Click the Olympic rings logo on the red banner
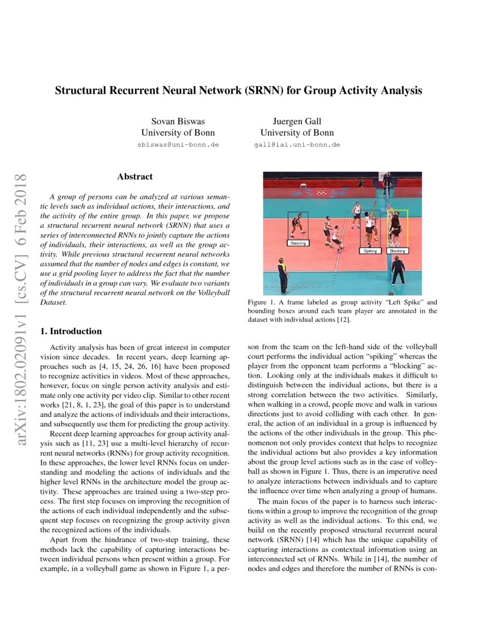click(321, 193)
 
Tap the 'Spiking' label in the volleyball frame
click(370, 251)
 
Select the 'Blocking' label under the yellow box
click(397, 251)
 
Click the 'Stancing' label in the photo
click(298, 243)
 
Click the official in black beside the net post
click(398, 271)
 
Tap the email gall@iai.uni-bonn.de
click(296, 145)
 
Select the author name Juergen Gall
click(296, 121)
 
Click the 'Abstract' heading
click(135, 176)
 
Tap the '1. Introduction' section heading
click(70, 331)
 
